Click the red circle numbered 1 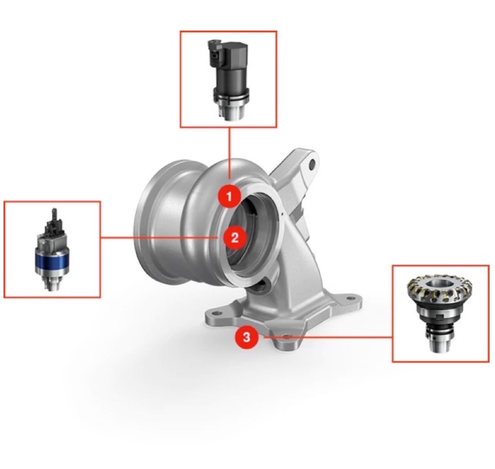point(229,196)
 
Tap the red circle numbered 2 point(235,237)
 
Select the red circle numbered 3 point(246,338)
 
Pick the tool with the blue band point(52,250)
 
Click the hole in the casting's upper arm point(312,161)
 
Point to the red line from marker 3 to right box point(330,338)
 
